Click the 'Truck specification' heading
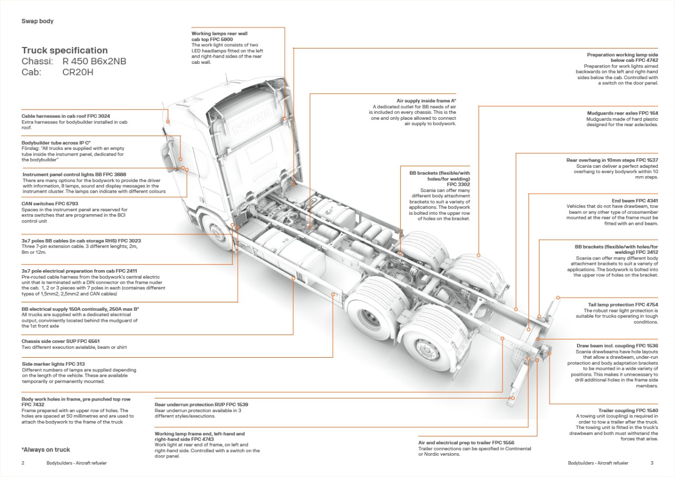click(x=64, y=51)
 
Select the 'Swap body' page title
click(x=37, y=22)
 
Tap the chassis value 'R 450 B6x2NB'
click(x=94, y=61)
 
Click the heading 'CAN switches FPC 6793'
click(x=50, y=203)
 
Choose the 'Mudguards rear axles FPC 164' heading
click(x=622, y=113)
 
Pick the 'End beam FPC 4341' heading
click(x=635, y=201)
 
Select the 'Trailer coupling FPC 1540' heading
click(x=628, y=410)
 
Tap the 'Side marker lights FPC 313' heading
click(x=53, y=364)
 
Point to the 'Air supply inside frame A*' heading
click(x=426, y=100)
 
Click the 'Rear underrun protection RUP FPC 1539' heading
click(x=201, y=405)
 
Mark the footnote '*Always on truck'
click(x=46, y=450)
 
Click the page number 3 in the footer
click(x=652, y=463)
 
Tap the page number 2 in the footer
click(x=23, y=463)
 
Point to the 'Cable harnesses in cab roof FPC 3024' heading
click(x=66, y=116)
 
